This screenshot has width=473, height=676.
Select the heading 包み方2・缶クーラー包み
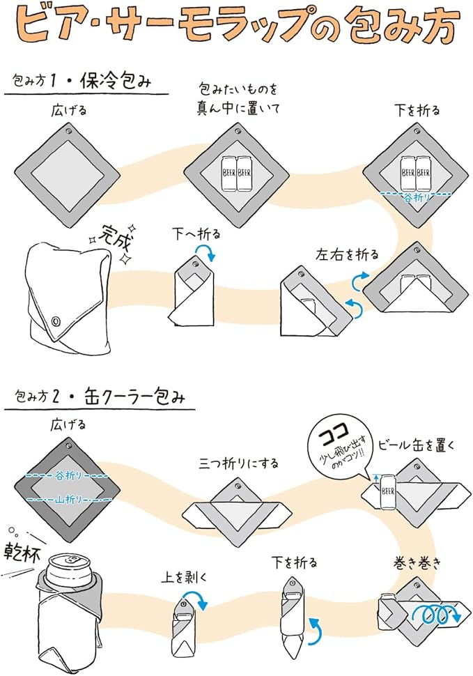(x=98, y=398)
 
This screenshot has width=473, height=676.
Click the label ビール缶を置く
(x=416, y=445)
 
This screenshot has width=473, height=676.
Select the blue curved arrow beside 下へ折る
(x=211, y=253)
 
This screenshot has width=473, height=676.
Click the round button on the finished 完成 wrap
(x=56, y=322)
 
